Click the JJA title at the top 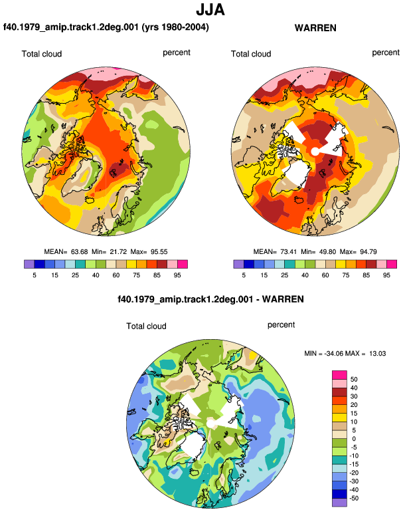pyautogui.click(x=210, y=10)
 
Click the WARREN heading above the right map pyautogui.click(x=315, y=28)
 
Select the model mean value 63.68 pyautogui.click(x=80, y=252)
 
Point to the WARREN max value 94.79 pyautogui.click(x=368, y=252)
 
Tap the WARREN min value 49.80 pyautogui.click(x=327, y=252)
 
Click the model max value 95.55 pyautogui.click(x=159, y=252)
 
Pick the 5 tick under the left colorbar pyautogui.click(x=35, y=275)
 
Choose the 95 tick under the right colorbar pyautogui.click(x=386, y=275)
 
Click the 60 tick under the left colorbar pyautogui.click(x=116, y=275)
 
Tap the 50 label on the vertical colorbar pyautogui.click(x=354, y=380)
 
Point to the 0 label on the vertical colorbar pyautogui.click(x=354, y=439)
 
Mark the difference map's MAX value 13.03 pyautogui.click(x=378, y=353)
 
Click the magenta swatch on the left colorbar pyautogui.click(x=183, y=264)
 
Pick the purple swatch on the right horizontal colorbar pyautogui.click(x=238, y=264)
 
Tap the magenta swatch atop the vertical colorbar pyautogui.click(x=339, y=375)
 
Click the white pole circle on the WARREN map pyautogui.click(x=315, y=152)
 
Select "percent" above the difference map pyautogui.click(x=281, y=325)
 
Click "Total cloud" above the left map pyautogui.click(x=42, y=54)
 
